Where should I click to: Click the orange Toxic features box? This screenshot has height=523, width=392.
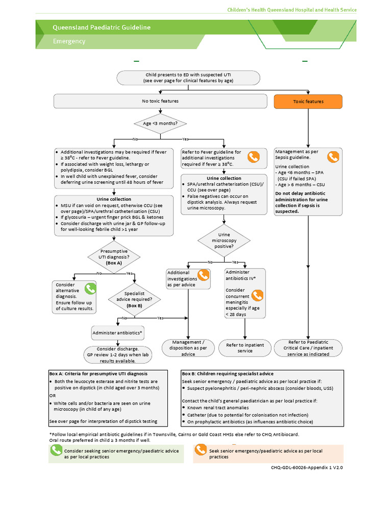(308, 102)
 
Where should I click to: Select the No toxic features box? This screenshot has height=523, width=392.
(160, 102)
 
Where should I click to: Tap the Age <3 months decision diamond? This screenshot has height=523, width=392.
(160, 123)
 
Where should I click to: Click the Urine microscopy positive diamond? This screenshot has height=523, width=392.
(225, 241)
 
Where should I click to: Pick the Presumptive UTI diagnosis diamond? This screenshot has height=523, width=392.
(114, 257)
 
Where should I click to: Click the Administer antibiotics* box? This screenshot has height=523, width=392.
(117, 333)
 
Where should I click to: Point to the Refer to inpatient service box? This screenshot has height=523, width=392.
(245, 348)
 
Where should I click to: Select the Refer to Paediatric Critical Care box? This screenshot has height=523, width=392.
(308, 348)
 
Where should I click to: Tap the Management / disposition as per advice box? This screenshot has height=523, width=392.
(188, 348)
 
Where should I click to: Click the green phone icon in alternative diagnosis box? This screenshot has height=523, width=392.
(90, 289)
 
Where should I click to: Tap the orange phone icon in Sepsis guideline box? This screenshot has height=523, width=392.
(333, 157)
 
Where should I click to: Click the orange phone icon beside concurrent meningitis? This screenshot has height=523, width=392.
(257, 295)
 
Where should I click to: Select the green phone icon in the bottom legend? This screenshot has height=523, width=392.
(56, 450)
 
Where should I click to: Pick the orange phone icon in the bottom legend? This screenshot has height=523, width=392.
(201, 450)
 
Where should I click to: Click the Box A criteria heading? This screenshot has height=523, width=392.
(98, 373)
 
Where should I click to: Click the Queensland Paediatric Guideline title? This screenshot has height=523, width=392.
(102, 28)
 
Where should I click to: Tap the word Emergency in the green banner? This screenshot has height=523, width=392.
(69, 41)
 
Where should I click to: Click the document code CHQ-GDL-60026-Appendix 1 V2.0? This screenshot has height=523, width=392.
(307, 467)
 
